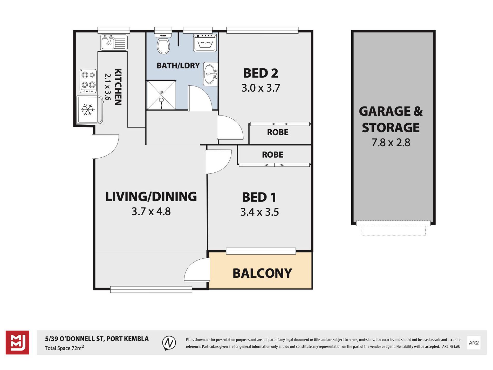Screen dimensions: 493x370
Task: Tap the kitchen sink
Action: click(x=114, y=43)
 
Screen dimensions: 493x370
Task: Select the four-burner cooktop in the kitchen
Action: click(x=88, y=81)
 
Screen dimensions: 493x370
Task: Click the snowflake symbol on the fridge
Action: click(x=88, y=110)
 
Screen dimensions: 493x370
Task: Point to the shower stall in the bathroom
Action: click(x=161, y=95)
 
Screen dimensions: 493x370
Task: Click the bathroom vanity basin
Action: click(x=210, y=74)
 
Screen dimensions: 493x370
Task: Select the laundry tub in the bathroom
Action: click(x=205, y=43)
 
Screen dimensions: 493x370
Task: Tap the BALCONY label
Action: click(x=262, y=273)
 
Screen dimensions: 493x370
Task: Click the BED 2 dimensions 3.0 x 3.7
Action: click(x=261, y=88)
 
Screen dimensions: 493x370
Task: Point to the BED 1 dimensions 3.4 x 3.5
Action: click(x=259, y=212)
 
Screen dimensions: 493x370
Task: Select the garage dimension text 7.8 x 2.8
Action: click(x=391, y=143)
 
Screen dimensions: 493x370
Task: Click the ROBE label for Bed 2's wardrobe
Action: click(x=278, y=132)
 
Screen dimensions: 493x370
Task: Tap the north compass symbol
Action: click(x=169, y=343)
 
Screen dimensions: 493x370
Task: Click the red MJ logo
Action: click(x=17, y=342)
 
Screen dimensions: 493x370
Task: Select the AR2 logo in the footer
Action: click(x=474, y=343)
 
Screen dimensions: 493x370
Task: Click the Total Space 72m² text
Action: click(x=64, y=348)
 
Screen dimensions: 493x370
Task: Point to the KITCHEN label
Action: click(x=118, y=87)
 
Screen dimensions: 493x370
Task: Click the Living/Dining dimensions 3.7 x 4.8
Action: click(x=151, y=212)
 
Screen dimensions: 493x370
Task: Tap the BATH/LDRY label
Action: click(x=178, y=66)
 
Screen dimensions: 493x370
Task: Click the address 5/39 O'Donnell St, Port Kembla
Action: click(x=97, y=339)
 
